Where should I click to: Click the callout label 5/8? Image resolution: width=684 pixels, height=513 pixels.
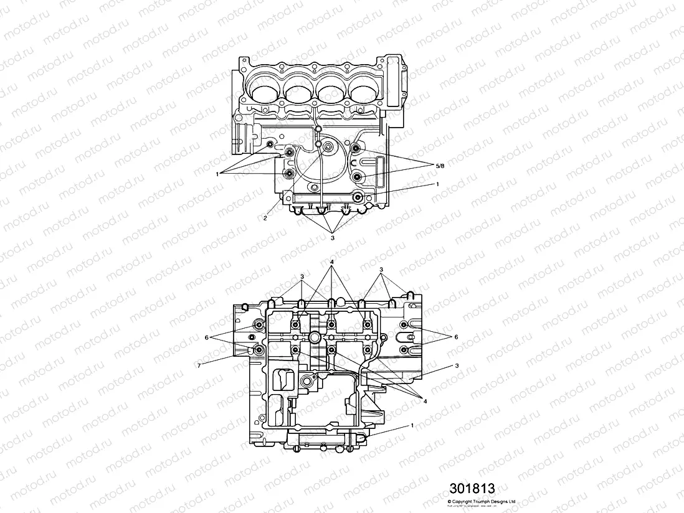coord(439,165)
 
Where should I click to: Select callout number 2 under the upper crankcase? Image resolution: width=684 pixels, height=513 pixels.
coord(265,219)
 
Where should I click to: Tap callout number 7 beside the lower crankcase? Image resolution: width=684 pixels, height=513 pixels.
coord(199,366)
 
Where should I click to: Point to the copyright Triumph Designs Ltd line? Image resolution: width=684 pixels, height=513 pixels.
coord(482,501)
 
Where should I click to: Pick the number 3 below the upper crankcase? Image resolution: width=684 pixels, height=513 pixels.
coord(333,237)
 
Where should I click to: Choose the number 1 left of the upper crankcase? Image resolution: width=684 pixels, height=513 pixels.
coord(217,174)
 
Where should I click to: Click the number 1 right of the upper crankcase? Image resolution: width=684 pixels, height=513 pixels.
coord(438,184)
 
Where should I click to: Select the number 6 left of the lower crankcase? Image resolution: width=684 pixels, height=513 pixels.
coord(206,337)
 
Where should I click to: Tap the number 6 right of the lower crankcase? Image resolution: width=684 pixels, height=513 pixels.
coord(456,336)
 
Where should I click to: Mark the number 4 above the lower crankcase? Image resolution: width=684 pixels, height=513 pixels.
coord(333,261)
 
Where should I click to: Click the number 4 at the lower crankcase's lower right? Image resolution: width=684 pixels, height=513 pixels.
coord(425,401)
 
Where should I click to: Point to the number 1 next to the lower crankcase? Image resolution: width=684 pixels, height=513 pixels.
coord(412,425)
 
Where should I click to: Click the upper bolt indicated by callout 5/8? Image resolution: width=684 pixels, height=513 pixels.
coord(356,148)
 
